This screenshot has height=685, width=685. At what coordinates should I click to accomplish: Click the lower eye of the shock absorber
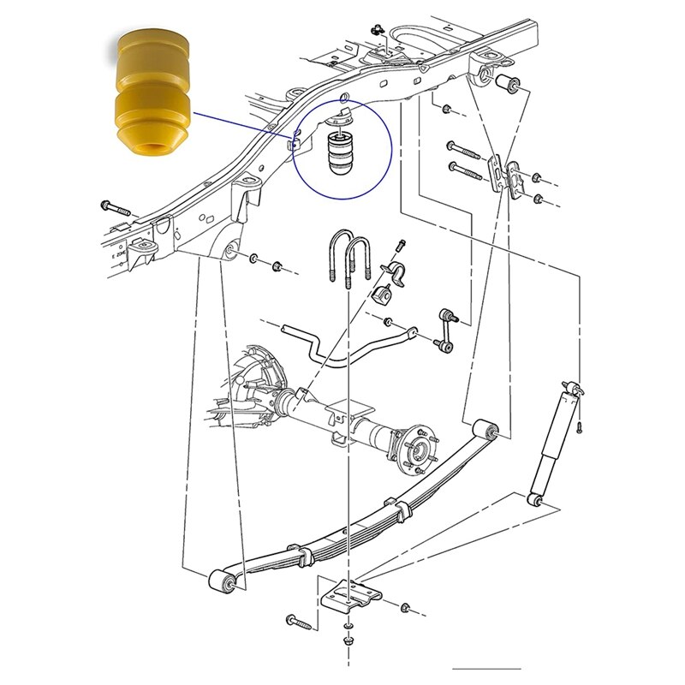coord(533,498)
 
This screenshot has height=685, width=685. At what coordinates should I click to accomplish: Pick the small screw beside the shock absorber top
coord(581,425)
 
